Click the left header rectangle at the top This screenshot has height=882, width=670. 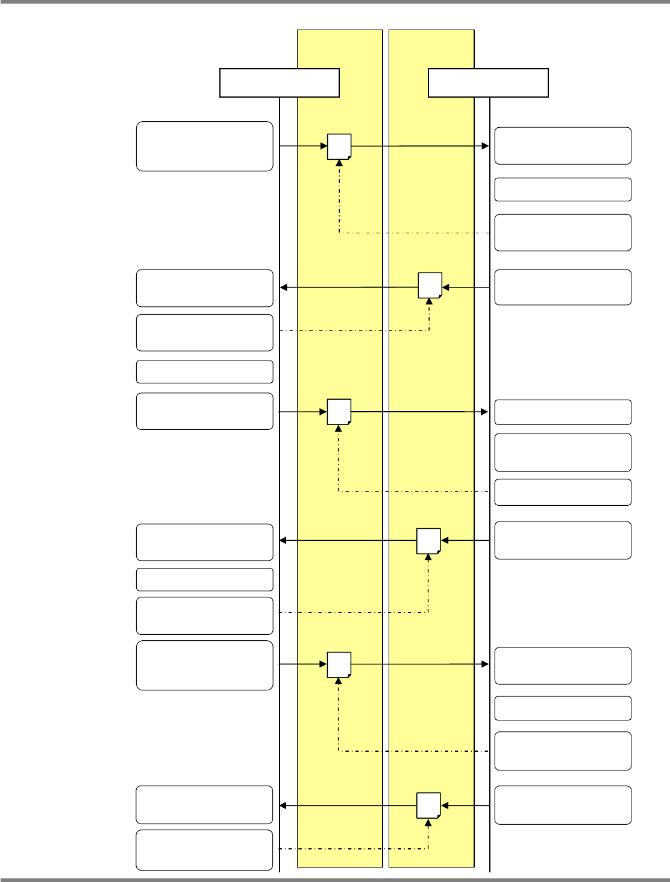pos(280,83)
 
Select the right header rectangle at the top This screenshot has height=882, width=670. pos(488,83)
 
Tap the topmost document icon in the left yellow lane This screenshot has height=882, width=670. pos(339,146)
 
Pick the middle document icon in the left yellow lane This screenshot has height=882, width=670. pos(339,412)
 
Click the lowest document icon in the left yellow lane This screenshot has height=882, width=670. pos(339,664)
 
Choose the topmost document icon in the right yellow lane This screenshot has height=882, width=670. pos(430,285)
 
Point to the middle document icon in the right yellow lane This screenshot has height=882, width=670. pos(429,541)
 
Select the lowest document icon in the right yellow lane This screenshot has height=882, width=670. pos(429,805)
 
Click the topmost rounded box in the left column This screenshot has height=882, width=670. pos(205,146)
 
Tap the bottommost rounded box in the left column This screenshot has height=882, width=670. pos(205,850)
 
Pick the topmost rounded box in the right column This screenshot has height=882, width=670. pos(563,146)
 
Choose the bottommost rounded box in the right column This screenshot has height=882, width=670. pos(563,805)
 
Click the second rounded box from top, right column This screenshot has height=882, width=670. pos(563,189)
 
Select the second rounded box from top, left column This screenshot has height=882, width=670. pos(205,288)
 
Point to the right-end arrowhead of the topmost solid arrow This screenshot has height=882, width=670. pos(486,146)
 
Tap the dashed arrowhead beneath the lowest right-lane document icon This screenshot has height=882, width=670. pos(428,822)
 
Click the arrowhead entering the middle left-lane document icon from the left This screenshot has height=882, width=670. pos(324,412)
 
